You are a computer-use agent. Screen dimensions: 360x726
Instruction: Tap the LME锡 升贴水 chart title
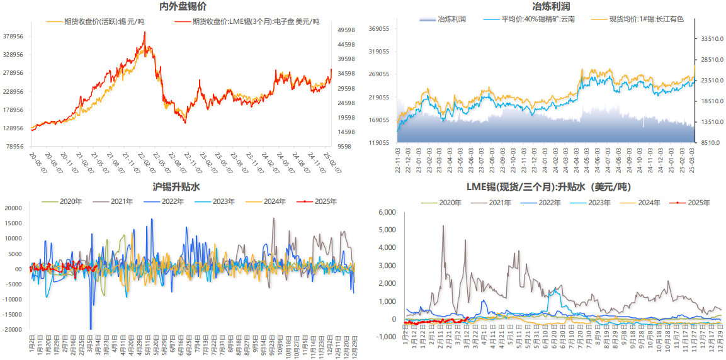(548, 187)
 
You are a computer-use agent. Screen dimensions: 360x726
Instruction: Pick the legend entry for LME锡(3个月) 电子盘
(255, 21)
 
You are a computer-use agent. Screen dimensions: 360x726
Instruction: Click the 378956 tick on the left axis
(13, 37)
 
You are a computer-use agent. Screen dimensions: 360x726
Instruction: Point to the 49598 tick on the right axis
(346, 30)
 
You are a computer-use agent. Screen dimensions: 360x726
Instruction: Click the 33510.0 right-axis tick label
(710, 39)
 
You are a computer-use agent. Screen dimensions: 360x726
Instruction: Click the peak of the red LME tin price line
(145, 32)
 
